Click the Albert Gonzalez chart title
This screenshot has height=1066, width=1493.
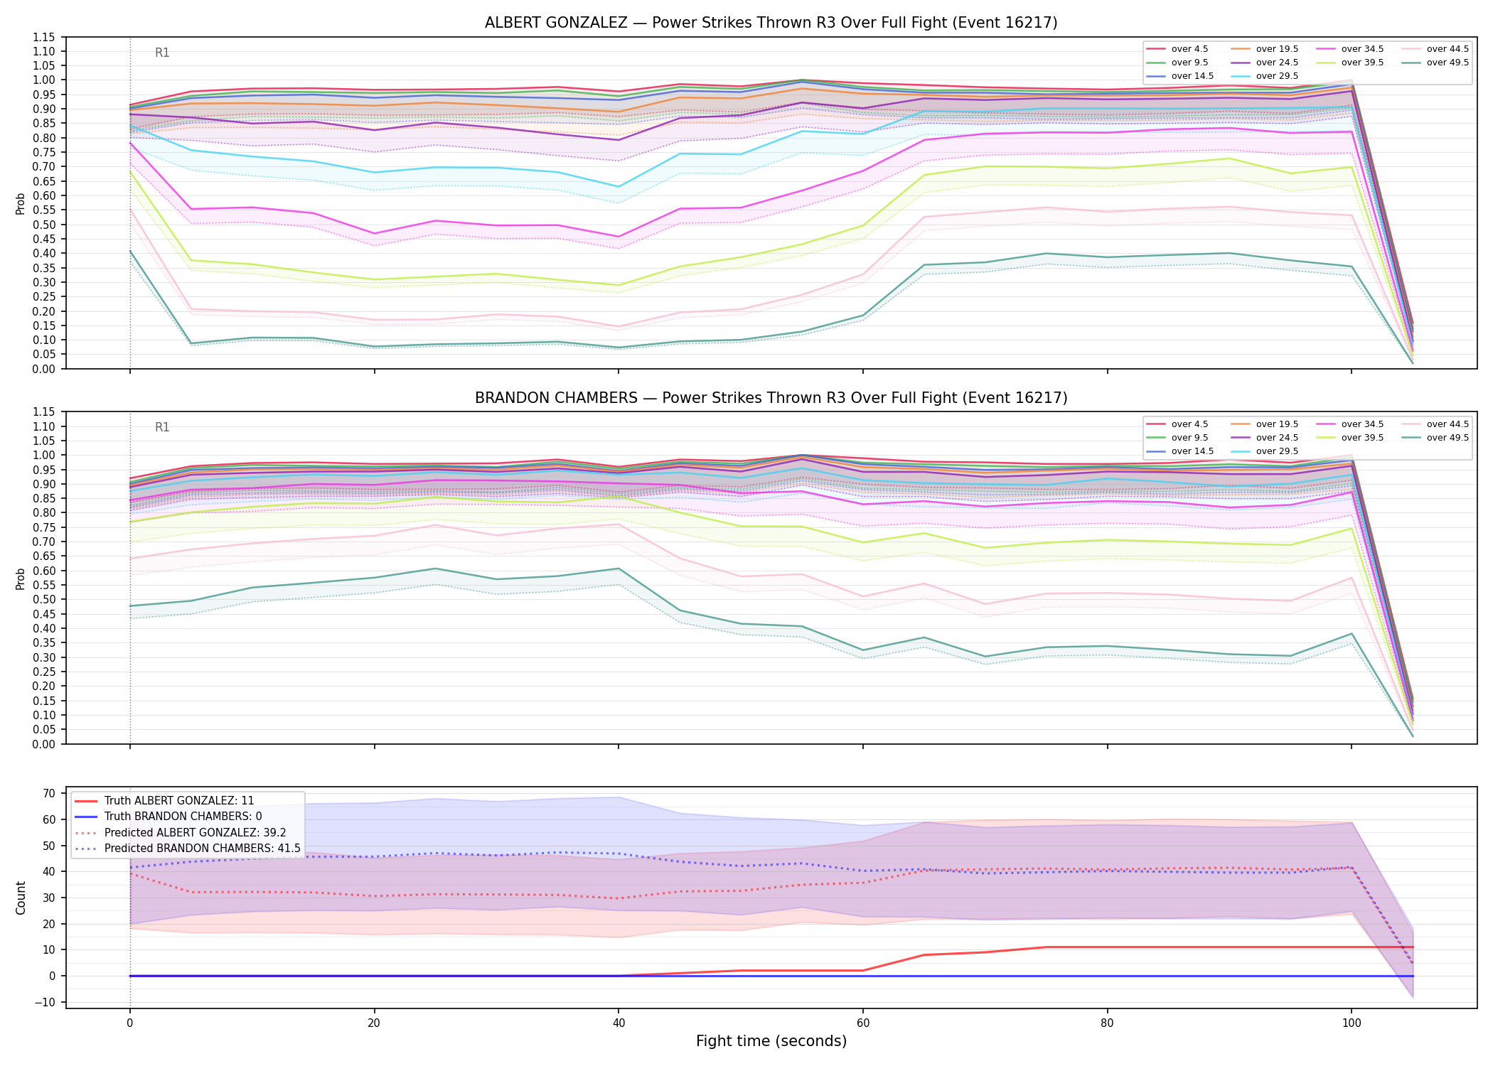(x=771, y=23)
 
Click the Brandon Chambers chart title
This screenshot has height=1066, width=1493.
(x=771, y=398)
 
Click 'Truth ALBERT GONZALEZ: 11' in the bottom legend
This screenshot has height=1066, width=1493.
(x=179, y=800)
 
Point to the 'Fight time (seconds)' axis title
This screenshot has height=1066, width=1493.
(x=771, y=1041)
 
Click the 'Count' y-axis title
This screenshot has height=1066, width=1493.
(x=21, y=898)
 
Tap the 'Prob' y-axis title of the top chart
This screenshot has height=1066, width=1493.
(x=21, y=204)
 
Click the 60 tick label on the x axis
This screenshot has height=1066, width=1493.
(x=862, y=1023)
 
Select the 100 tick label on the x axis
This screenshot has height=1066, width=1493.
(x=1351, y=1023)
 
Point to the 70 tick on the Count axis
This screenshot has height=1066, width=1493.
(x=49, y=793)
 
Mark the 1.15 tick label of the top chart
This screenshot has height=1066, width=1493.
(x=43, y=37)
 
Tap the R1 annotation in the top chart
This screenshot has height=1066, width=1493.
(x=162, y=53)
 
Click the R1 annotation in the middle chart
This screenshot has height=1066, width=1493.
(x=162, y=427)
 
